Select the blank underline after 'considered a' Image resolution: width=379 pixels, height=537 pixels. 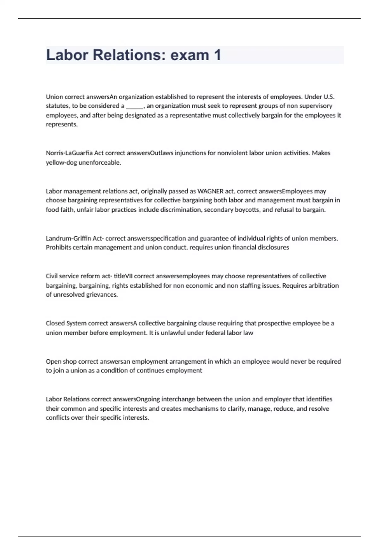(x=135, y=106)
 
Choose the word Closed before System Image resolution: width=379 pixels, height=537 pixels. (x=55, y=323)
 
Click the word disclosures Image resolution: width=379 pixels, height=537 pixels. (x=273, y=247)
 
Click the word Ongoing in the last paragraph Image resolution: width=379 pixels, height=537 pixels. (x=148, y=399)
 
